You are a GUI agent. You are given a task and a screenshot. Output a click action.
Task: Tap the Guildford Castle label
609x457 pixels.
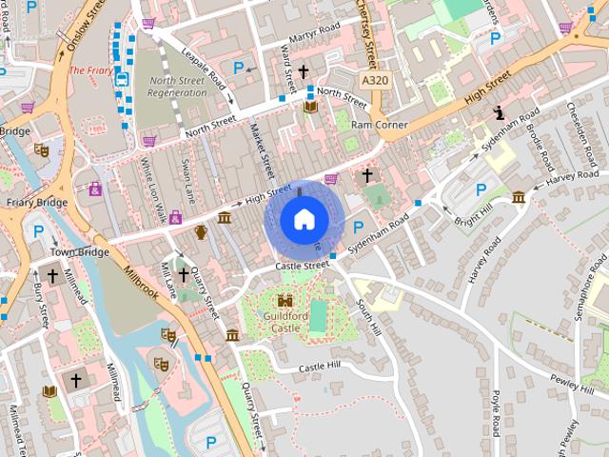[286, 322]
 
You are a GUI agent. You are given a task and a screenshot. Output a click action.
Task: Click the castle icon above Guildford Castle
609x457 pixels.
[285, 300]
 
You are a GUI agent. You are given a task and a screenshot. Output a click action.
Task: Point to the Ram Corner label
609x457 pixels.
[379, 125]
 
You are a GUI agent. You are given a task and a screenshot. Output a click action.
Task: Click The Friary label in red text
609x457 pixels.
[90, 70]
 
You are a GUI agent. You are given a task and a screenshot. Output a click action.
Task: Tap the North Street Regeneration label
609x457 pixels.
[176, 87]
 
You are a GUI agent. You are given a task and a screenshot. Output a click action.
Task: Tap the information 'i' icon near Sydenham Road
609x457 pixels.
[499, 112]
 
